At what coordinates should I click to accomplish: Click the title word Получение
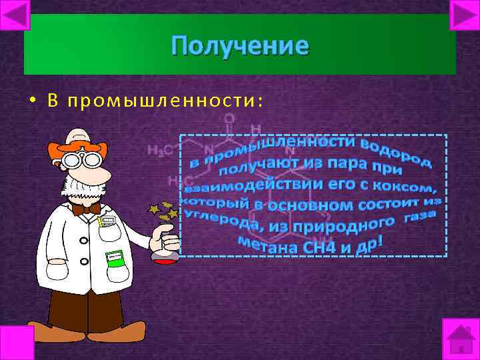point(239,46)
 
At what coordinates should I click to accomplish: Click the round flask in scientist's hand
point(164,245)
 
